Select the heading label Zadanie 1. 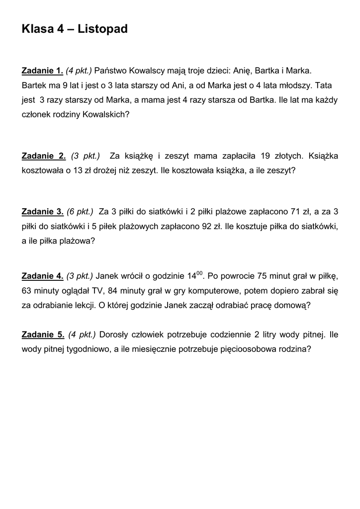43,71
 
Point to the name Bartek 34,85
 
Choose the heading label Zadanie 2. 44,156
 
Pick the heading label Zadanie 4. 43,276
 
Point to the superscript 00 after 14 200,273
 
